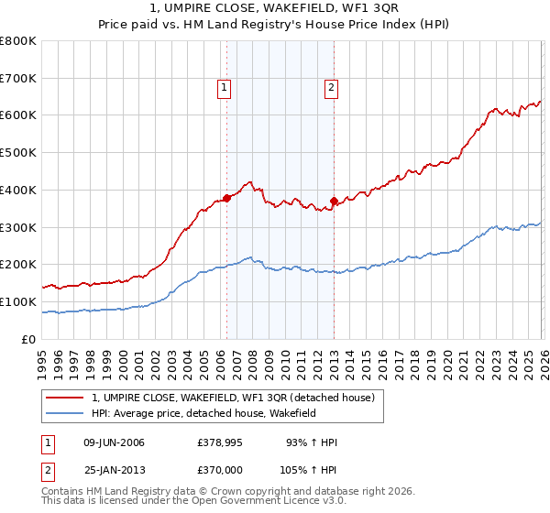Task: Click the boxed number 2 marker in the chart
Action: click(331, 88)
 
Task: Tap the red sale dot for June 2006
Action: click(226, 197)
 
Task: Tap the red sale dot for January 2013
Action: click(334, 201)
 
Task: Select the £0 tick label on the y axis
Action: click(29, 339)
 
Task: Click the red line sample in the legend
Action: click(65, 398)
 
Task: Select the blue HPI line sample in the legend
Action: click(65, 413)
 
